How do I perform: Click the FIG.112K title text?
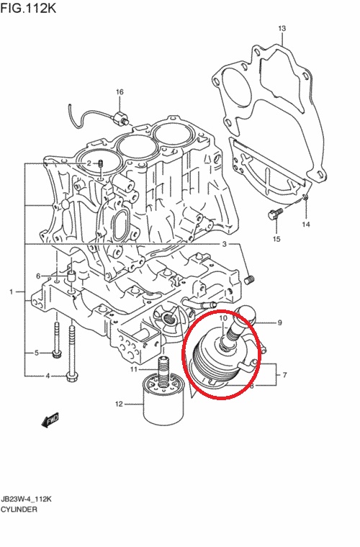click(x=28, y=8)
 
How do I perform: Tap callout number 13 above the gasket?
click(x=282, y=28)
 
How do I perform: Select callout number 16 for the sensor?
click(x=120, y=92)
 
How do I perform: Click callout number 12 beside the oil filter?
click(x=119, y=404)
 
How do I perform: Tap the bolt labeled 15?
click(x=274, y=214)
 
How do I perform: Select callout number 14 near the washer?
click(x=306, y=225)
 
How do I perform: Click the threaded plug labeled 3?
click(x=249, y=280)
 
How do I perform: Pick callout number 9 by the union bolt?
click(x=279, y=323)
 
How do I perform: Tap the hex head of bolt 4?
click(x=73, y=376)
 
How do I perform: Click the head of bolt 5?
click(x=56, y=354)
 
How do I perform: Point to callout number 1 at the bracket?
click(x=12, y=291)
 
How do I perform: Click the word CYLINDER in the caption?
click(x=19, y=510)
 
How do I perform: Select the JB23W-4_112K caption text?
click(x=26, y=499)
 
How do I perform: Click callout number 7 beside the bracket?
click(x=285, y=375)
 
